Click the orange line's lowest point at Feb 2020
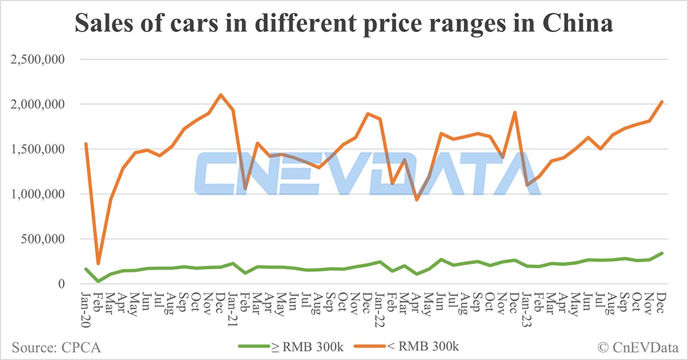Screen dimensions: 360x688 point(98,264)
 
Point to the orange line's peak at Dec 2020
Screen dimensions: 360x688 point(221,95)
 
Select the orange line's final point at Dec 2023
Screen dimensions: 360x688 point(662,101)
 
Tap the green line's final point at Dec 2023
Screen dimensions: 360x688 point(662,253)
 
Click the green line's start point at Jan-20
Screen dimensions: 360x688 point(86,269)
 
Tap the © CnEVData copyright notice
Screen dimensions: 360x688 point(636,346)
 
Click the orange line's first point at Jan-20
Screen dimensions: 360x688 point(86,144)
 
